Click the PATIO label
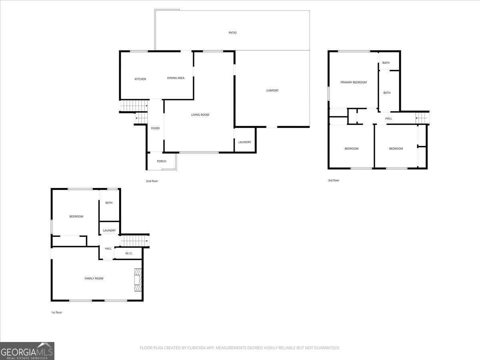[x=232, y=33]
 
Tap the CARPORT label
[x=272, y=90]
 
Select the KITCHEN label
[x=140, y=79]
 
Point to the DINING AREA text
[x=176, y=78]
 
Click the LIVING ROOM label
[x=200, y=115]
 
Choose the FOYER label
[x=155, y=128]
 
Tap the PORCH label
[x=161, y=161]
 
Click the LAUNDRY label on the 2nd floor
[x=244, y=142]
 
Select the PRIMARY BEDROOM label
[x=353, y=82]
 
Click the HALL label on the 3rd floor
[x=388, y=118]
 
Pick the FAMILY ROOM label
[x=94, y=278]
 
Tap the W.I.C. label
[x=129, y=253]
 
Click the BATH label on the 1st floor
[x=109, y=203]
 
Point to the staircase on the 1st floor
[x=134, y=241]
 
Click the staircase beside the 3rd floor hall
[x=422, y=118]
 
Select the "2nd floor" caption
[x=152, y=181]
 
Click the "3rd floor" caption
[x=333, y=180]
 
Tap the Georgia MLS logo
[x=27, y=351]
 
